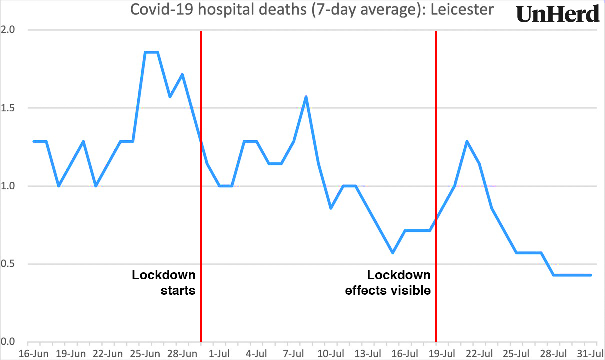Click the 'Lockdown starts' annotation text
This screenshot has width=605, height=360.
164,282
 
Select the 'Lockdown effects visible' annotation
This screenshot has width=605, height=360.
388,282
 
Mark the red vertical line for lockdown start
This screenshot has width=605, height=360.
201,200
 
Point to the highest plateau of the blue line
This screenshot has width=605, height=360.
151,52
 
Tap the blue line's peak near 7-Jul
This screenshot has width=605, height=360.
306,97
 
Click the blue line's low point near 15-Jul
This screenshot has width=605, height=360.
393,253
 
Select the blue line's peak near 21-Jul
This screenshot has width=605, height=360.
467,141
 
